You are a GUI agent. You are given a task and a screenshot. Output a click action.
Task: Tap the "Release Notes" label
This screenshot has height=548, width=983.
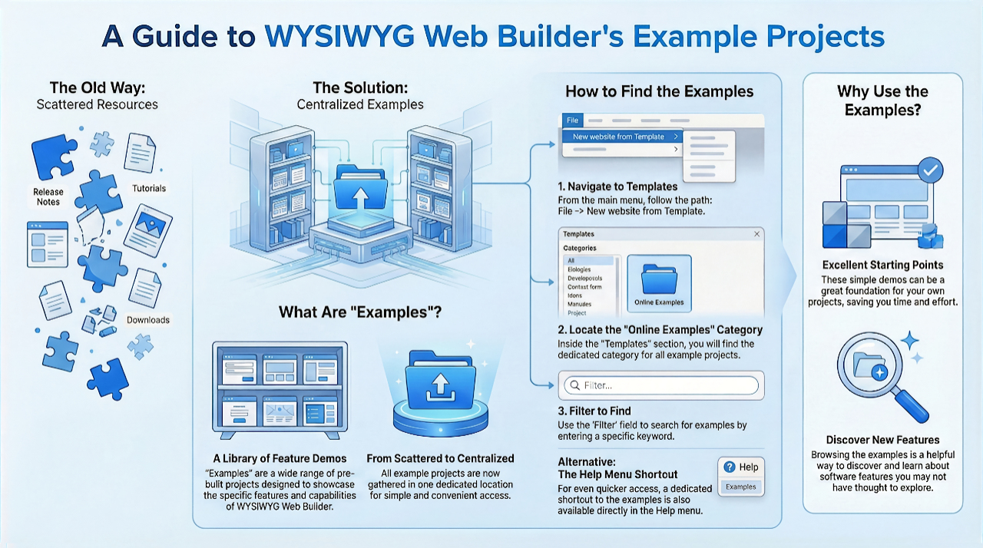(48, 196)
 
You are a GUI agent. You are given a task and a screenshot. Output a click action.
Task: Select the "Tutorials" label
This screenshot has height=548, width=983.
(149, 188)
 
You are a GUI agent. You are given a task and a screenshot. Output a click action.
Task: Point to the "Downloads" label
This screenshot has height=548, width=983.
(148, 319)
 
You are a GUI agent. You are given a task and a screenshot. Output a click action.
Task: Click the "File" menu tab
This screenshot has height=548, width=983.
(572, 120)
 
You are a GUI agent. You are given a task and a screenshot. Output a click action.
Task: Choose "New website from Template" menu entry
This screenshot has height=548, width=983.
(618, 137)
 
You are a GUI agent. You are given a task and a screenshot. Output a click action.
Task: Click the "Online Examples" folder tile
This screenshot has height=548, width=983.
(659, 282)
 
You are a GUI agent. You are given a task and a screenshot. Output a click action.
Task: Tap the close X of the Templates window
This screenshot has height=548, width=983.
(756, 234)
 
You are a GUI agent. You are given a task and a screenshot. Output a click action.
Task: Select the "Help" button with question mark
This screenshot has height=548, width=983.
(740, 467)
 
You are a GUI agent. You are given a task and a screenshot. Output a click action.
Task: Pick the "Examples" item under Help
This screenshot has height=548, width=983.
(740, 487)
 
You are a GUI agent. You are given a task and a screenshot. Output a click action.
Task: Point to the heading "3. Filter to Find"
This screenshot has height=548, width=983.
(594, 411)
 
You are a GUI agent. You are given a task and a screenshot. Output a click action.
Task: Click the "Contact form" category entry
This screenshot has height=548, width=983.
(584, 287)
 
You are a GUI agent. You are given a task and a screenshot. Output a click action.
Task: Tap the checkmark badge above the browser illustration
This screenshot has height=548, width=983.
(930, 170)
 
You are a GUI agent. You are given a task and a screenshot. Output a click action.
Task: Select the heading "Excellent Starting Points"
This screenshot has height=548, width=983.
(882, 266)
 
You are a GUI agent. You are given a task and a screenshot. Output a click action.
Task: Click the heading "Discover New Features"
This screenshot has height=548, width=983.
(882, 440)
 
